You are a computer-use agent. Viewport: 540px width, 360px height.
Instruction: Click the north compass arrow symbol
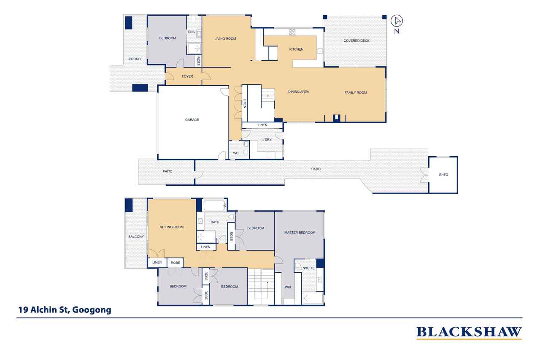pos(397,21)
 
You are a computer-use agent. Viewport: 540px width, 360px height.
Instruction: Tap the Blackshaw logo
pos(469,333)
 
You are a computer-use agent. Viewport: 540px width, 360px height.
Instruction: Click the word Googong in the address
pos(92,310)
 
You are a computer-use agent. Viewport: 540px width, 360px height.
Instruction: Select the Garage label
pos(192,119)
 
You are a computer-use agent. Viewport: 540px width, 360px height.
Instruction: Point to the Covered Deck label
pos(356,41)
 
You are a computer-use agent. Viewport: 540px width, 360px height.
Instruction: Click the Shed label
pos(443,175)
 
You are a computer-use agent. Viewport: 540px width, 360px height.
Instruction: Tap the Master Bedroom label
pos(300,233)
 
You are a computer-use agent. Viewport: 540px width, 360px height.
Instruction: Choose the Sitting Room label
pos(172,227)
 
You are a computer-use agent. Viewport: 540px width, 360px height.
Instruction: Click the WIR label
pos(288,287)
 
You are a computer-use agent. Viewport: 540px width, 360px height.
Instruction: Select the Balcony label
pos(136,237)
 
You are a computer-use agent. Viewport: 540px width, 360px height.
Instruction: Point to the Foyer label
pos(187,76)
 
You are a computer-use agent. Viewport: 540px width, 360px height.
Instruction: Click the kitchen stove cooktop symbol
pos(292,32)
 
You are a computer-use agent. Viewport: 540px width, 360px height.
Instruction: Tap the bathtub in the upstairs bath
pos(214,206)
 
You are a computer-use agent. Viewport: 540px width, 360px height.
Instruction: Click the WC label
pos(236,153)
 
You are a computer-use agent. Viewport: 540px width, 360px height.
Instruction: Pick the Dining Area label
pos(298,92)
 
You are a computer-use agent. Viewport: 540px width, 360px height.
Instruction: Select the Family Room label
pos(356,92)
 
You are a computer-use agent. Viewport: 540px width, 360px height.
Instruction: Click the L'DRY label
pos(267,140)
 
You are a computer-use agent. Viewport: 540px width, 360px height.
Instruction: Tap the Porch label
pos(135,59)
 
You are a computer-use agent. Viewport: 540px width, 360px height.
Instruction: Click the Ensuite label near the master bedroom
pos(308,268)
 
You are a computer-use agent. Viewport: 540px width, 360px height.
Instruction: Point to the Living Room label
pos(225,38)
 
